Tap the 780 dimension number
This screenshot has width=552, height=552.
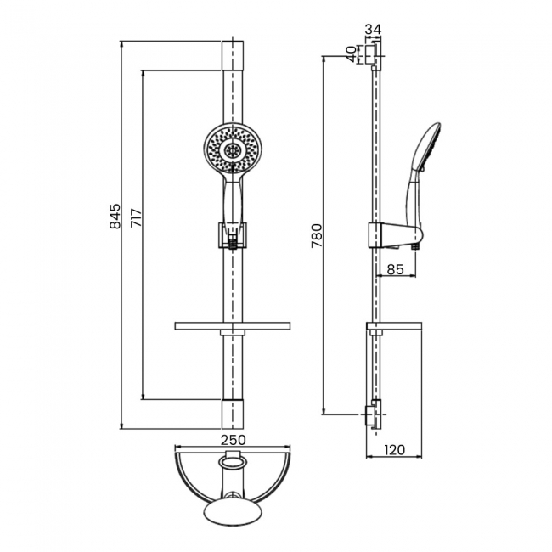click(x=317, y=235)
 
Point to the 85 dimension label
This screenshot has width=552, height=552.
click(x=395, y=270)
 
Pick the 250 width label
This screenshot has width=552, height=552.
click(x=233, y=439)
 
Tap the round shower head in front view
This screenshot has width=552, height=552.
click(x=231, y=149)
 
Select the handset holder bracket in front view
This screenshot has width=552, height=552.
click(x=232, y=234)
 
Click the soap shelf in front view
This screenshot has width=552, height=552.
click(x=232, y=326)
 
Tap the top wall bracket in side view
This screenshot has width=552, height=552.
click(x=370, y=54)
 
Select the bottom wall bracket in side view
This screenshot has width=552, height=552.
click(x=371, y=415)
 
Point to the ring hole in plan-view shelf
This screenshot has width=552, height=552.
click(x=232, y=463)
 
